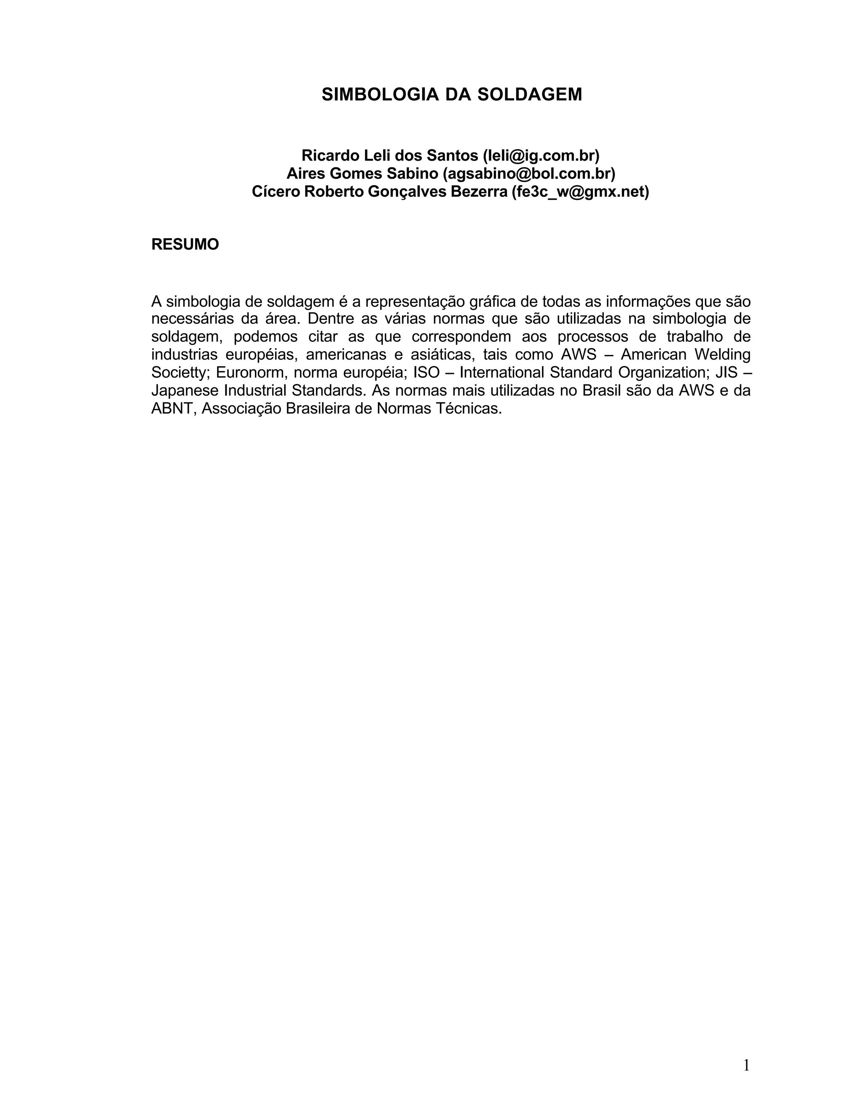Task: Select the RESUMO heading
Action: (185, 244)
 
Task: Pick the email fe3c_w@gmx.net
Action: (580, 192)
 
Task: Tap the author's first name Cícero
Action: (276, 192)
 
